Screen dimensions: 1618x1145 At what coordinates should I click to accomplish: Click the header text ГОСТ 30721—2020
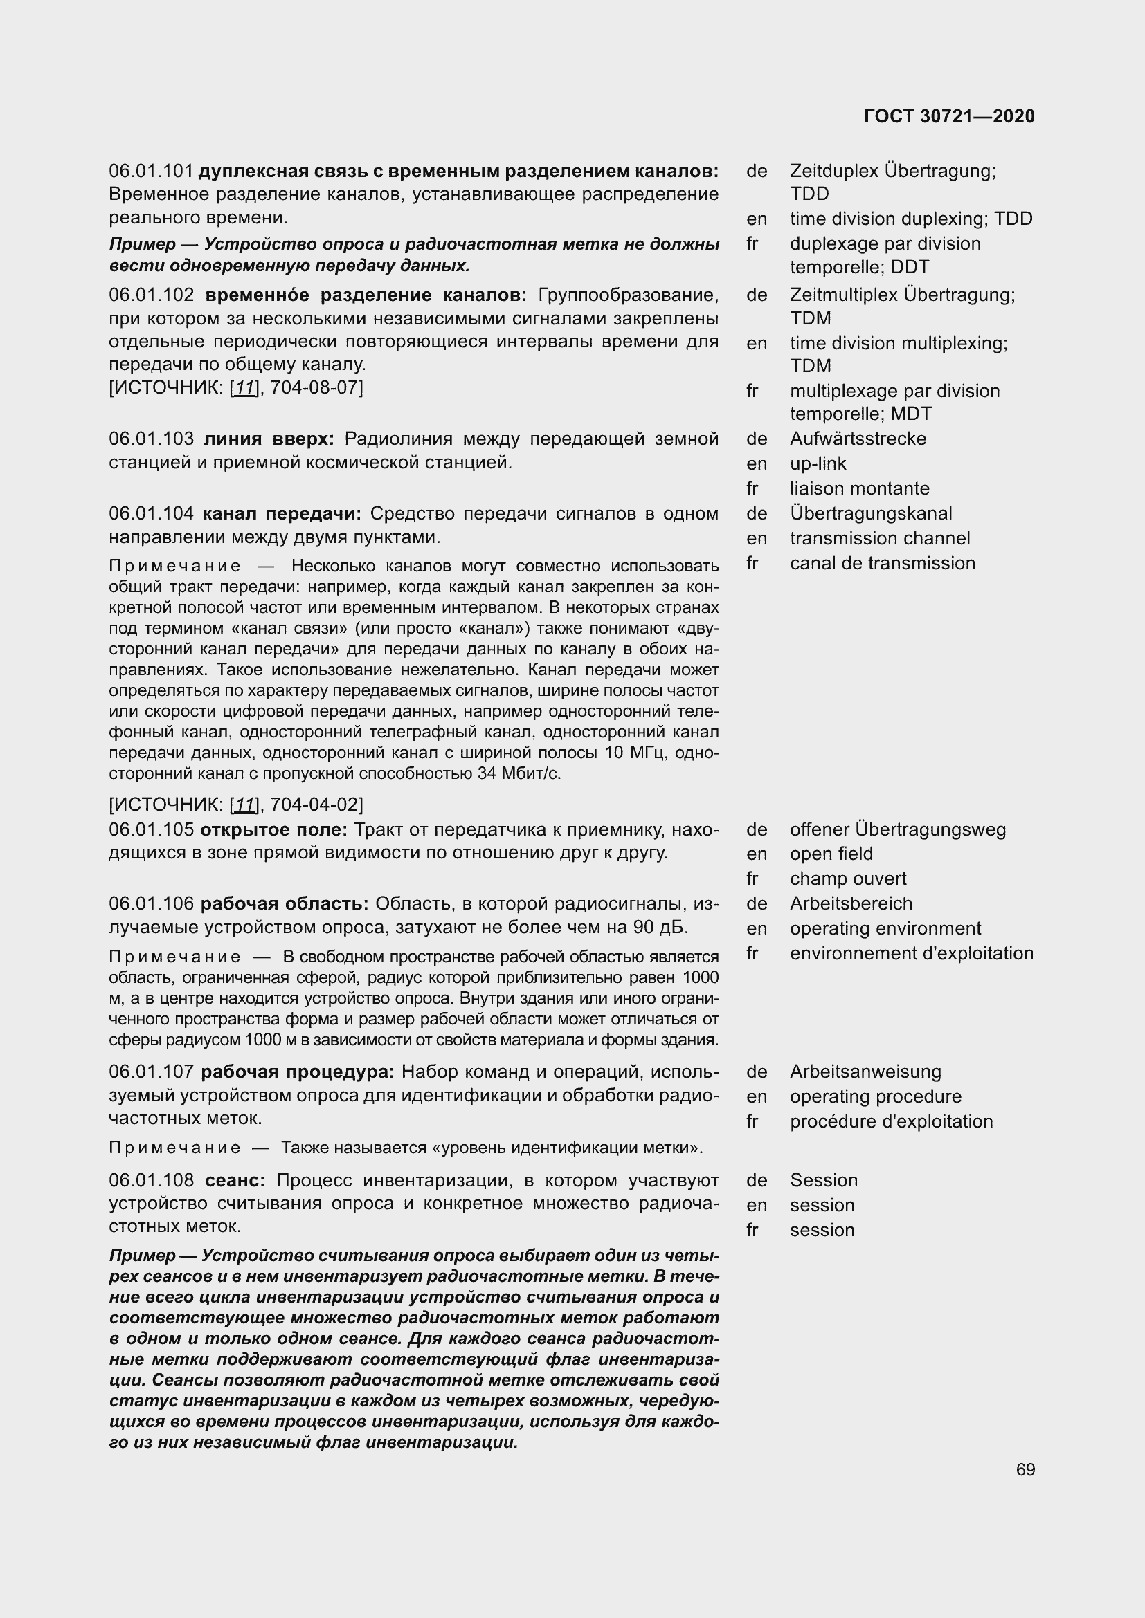949,117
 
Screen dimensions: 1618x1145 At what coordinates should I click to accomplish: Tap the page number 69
1025,1469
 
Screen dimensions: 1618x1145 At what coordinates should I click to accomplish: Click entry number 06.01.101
151,172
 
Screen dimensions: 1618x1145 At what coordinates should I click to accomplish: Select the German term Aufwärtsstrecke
857,439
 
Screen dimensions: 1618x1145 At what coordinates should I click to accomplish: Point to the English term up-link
817,463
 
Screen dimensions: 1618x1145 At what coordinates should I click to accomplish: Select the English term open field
831,854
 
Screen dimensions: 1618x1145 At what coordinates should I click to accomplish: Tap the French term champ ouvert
847,879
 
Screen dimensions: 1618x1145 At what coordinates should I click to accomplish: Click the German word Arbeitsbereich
850,903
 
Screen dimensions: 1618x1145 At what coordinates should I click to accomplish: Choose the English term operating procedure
875,1096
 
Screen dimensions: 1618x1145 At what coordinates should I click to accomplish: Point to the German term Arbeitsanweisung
865,1072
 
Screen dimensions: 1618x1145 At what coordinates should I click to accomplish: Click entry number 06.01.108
151,1180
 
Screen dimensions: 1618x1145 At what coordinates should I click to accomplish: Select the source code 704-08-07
314,387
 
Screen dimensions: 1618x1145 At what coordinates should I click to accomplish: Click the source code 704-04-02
314,804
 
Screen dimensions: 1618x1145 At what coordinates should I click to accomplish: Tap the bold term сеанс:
235,1180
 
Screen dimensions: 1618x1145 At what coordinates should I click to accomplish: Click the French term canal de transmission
882,563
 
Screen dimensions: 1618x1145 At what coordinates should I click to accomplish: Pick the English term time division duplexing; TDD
910,219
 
